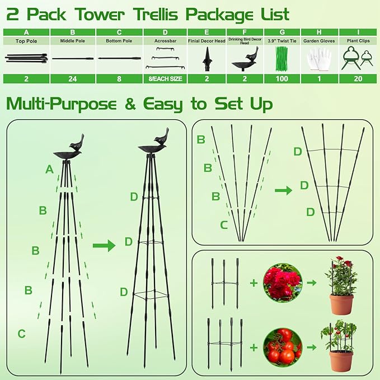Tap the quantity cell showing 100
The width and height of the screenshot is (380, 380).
pyautogui.click(x=282, y=79)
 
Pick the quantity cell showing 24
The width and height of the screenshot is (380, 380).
pyautogui.click(x=73, y=79)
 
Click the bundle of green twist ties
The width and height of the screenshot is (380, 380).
pyautogui.click(x=282, y=59)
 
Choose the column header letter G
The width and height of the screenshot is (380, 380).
pyautogui.click(x=282, y=32)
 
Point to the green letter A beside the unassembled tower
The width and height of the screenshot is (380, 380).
pyautogui.click(x=49, y=169)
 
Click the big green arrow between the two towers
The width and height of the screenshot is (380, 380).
pyautogui.click(x=104, y=245)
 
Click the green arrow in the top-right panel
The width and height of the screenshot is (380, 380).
pyautogui.click(x=283, y=190)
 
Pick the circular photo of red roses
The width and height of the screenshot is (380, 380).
pyautogui.click(x=283, y=283)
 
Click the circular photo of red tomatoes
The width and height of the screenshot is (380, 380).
pyautogui.click(x=283, y=346)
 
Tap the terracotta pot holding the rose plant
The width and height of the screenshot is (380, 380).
pyautogui.click(x=341, y=304)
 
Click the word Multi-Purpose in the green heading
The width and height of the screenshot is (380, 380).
pyautogui.click(x=61, y=104)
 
